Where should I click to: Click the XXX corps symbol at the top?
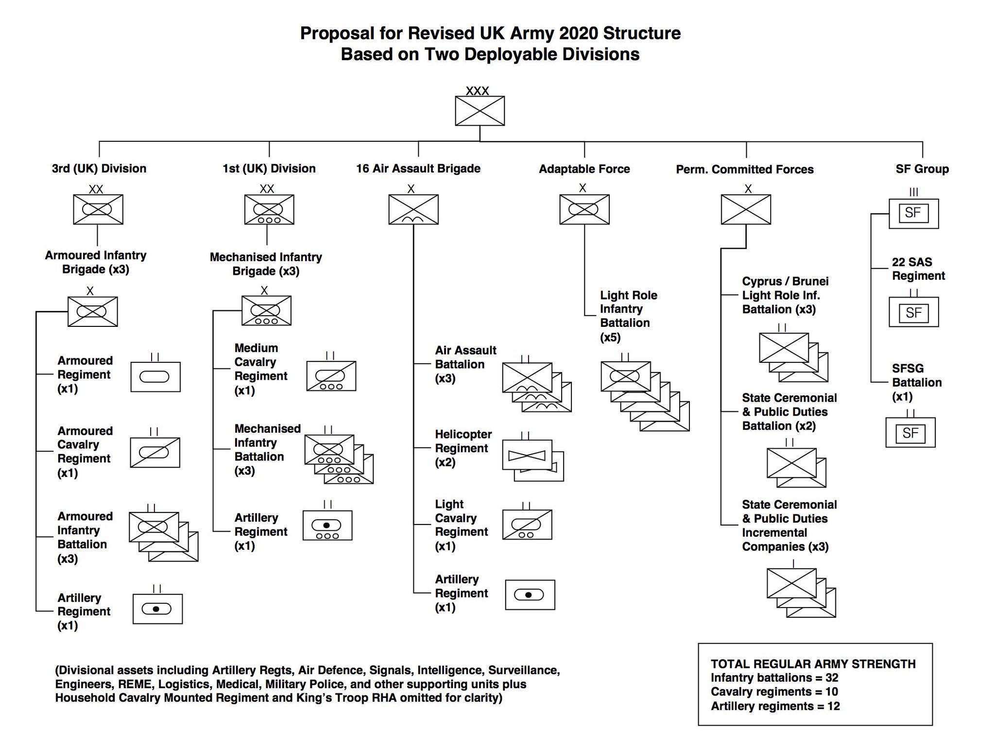click(480, 110)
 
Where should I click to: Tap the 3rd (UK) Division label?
click(99, 169)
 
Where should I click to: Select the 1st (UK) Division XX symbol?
click(269, 209)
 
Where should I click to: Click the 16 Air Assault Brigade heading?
click(418, 169)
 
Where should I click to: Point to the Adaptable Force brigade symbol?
click(584, 209)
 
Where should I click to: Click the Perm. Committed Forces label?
click(744, 169)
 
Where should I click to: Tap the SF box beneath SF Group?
click(913, 213)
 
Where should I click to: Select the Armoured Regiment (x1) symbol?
click(155, 376)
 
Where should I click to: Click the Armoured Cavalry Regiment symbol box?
click(155, 452)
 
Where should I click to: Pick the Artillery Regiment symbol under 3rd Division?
click(157, 609)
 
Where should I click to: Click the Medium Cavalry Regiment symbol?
click(331, 376)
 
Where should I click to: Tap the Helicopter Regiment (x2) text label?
click(463, 448)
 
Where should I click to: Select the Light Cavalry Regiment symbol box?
click(527, 525)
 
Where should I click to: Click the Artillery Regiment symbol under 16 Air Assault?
click(530, 594)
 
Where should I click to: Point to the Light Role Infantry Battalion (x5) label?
click(628, 316)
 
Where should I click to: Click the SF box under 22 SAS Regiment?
click(913, 312)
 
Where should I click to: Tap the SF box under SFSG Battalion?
click(910, 433)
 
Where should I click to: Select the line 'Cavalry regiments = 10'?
click(774, 692)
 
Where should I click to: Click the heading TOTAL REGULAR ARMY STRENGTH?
click(813, 664)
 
